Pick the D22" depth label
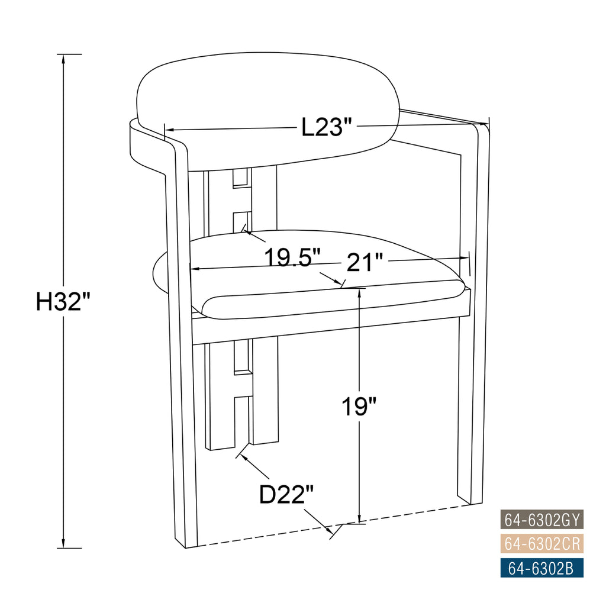point(286,494)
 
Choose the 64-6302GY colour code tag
point(542,520)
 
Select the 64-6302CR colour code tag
point(542,544)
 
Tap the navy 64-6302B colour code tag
point(542,568)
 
